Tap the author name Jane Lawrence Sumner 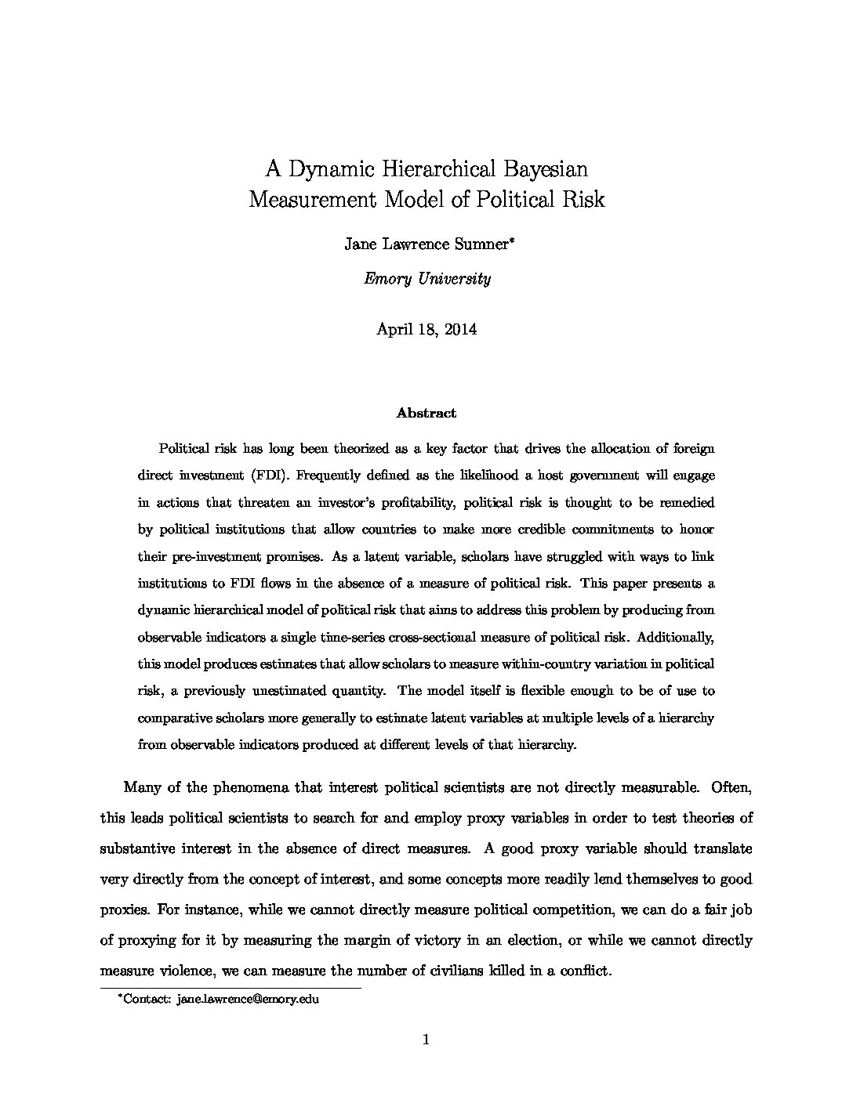[426, 244]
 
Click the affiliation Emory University [427, 279]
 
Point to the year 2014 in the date [460, 329]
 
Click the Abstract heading [426, 413]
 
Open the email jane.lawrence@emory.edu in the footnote [248, 1000]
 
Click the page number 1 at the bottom [426, 1040]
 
